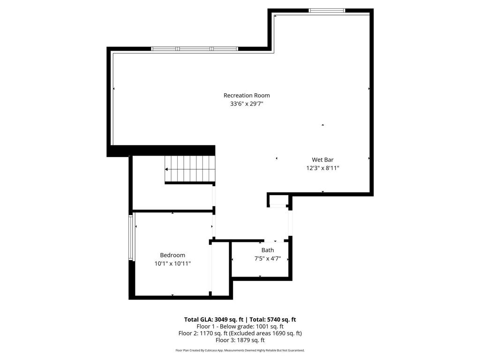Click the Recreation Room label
[247, 96]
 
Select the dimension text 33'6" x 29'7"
[247, 104]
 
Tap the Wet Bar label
[322, 159]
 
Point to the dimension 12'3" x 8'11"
[322, 168]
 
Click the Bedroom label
[172, 255]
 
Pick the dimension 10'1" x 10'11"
[172, 263]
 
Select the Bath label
[268, 250]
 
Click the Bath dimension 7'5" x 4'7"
[268, 258]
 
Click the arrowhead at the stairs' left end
[167, 169]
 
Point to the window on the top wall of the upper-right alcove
[327, 10]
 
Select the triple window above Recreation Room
[195, 49]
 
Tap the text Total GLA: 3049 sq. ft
[213, 320]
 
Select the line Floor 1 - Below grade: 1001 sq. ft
[240, 327]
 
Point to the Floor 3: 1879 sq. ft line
[240, 340]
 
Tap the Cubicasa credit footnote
[240, 350]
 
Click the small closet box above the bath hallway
[278, 201]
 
